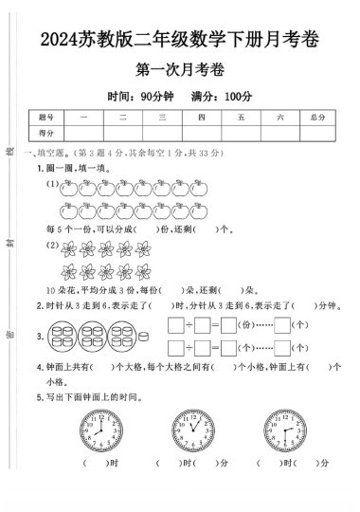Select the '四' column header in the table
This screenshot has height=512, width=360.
click(201, 117)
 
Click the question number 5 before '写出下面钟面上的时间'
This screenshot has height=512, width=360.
click(39, 396)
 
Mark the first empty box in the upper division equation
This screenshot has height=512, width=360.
click(174, 325)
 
